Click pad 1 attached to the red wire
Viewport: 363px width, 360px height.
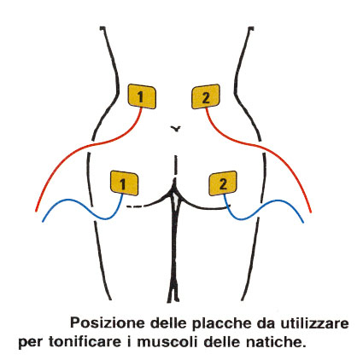pos(142,96)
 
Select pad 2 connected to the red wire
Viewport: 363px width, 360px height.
pos(206,96)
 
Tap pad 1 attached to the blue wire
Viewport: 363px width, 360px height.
pos(124,183)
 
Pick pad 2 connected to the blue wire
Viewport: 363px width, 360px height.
pos(223,183)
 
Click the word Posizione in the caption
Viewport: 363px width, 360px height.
pos(108,323)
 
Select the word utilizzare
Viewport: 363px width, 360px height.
pos(315,323)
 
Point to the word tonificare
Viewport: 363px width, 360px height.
pos(85,341)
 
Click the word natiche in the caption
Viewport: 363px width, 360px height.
pos(274,341)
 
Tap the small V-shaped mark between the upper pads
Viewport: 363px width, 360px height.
pos(176,129)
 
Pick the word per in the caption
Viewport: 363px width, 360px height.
pos(31,343)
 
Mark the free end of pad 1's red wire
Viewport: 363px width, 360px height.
pos(36,211)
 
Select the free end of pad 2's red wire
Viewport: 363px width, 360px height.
pos(311,212)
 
